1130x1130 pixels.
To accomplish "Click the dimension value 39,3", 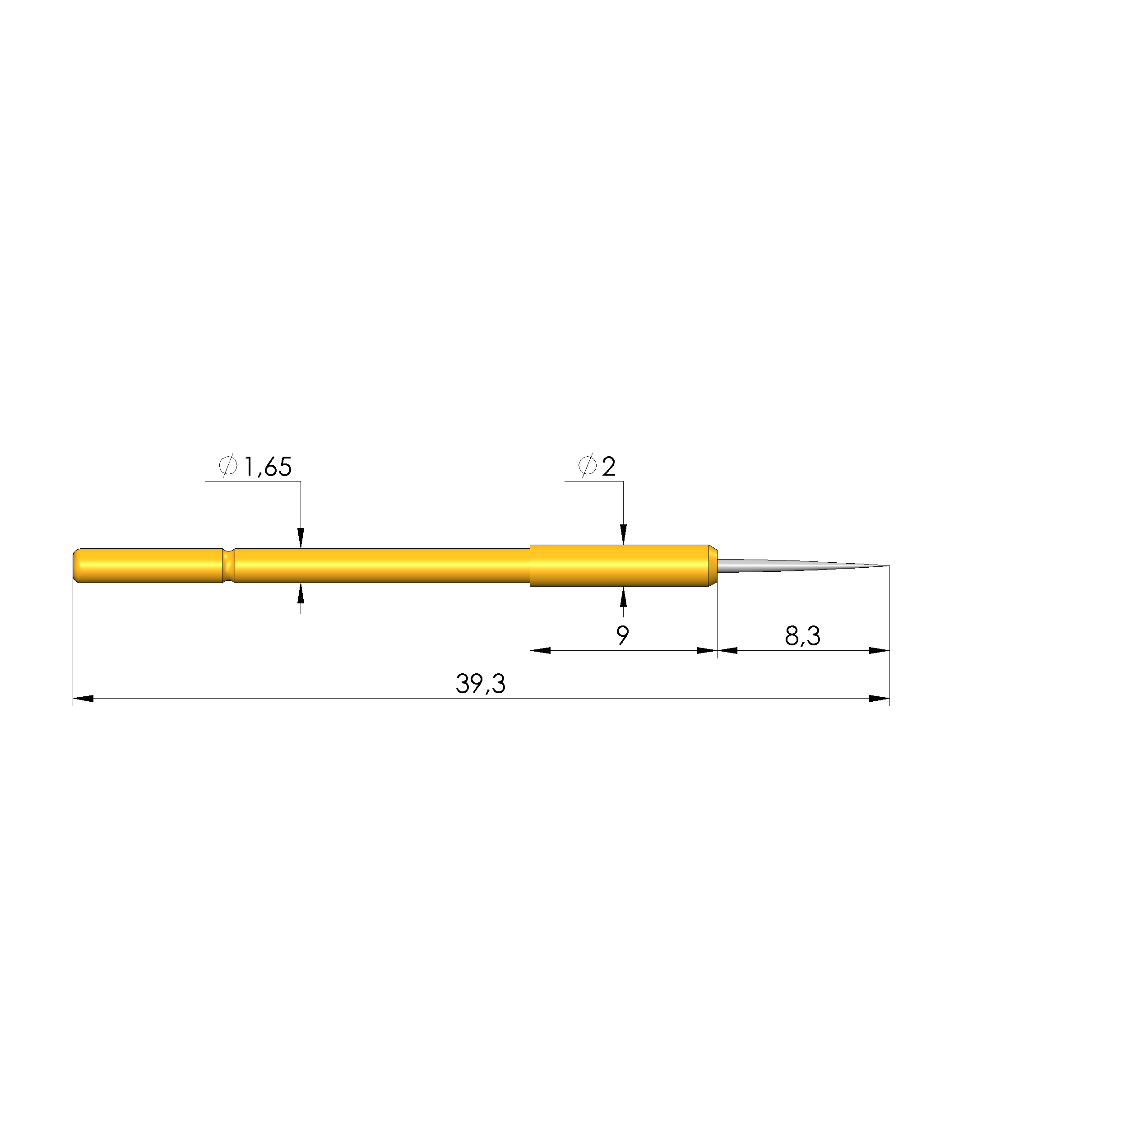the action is [x=480, y=683].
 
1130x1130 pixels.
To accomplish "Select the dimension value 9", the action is [x=623, y=635].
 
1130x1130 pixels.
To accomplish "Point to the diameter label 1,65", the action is [x=267, y=468].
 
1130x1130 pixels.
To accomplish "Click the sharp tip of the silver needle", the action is [x=889, y=565].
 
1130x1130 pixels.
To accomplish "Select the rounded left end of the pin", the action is [x=77, y=565].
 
